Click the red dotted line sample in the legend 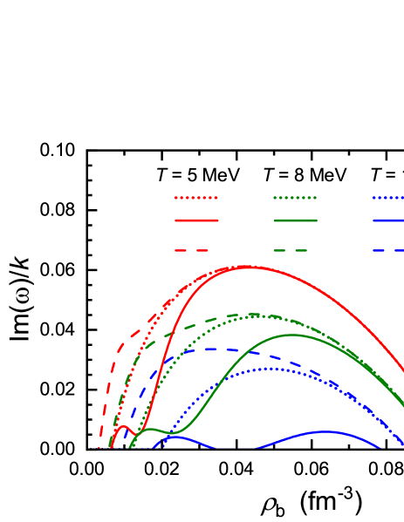[196, 198]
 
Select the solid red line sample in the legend [196, 220]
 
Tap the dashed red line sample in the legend [196, 250]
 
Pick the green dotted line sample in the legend [295, 198]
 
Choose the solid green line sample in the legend [295, 220]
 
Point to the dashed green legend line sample [295, 250]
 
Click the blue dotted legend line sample [389, 198]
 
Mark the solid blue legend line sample [389, 220]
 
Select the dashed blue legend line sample [389, 250]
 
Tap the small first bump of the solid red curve [122, 427]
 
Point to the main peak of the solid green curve [293, 335]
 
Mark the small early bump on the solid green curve [150, 429]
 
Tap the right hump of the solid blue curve [325, 431]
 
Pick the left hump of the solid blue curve [175, 437]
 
